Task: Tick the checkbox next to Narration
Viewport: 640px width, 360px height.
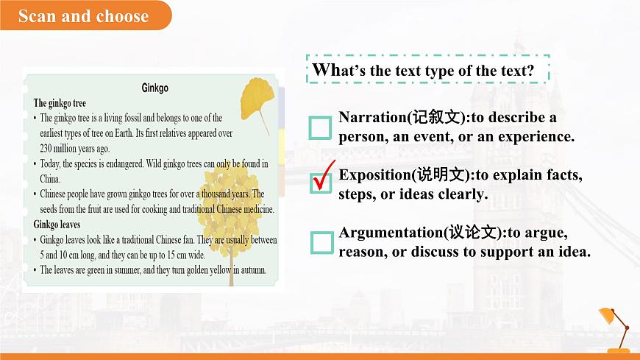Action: tap(321, 128)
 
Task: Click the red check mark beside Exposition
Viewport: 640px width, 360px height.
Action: tap(323, 174)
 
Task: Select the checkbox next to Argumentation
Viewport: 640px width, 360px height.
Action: tap(321, 242)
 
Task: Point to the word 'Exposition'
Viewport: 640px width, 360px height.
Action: tap(376, 175)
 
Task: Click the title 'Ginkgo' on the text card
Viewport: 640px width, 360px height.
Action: tap(154, 88)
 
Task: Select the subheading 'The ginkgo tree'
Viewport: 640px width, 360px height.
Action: tap(60, 104)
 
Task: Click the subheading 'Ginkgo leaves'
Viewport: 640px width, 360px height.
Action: tap(57, 224)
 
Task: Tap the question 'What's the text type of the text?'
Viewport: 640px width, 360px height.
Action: tap(423, 71)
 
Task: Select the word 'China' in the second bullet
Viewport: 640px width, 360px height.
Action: tap(50, 178)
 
